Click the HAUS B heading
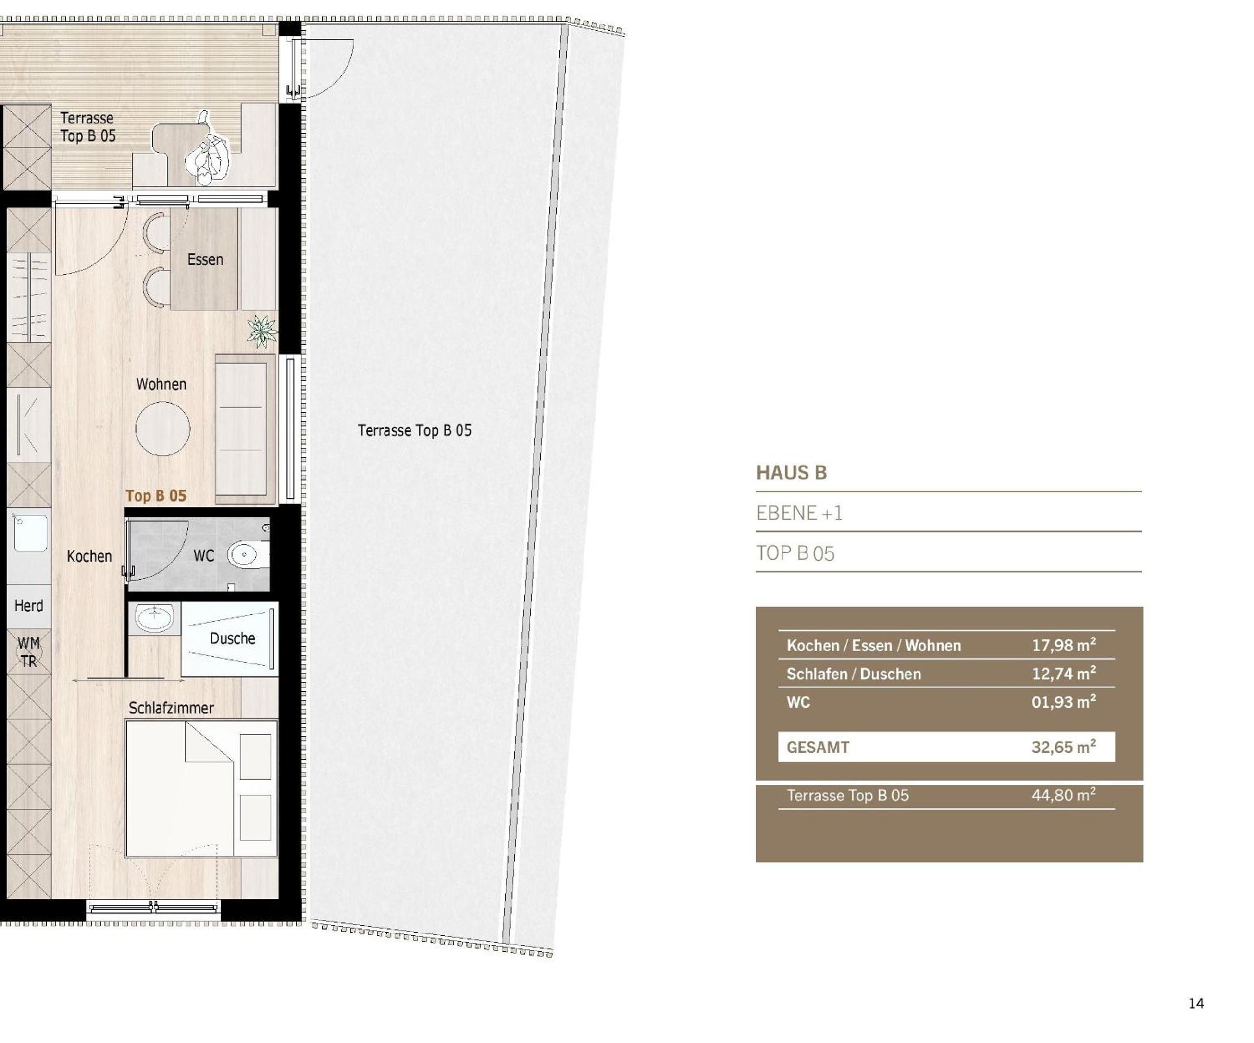point(791,473)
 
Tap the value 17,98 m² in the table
point(1064,645)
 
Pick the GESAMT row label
point(818,748)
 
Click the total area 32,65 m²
point(1064,747)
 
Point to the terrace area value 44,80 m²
point(1064,795)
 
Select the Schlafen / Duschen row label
point(853,674)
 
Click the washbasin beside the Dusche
point(154,617)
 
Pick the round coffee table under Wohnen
point(162,429)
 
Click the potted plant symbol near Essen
point(262,331)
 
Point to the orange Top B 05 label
point(155,495)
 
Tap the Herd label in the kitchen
point(29,605)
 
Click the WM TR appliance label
point(29,652)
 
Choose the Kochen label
point(89,556)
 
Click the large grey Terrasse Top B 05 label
point(414,430)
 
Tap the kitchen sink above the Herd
point(30,532)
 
